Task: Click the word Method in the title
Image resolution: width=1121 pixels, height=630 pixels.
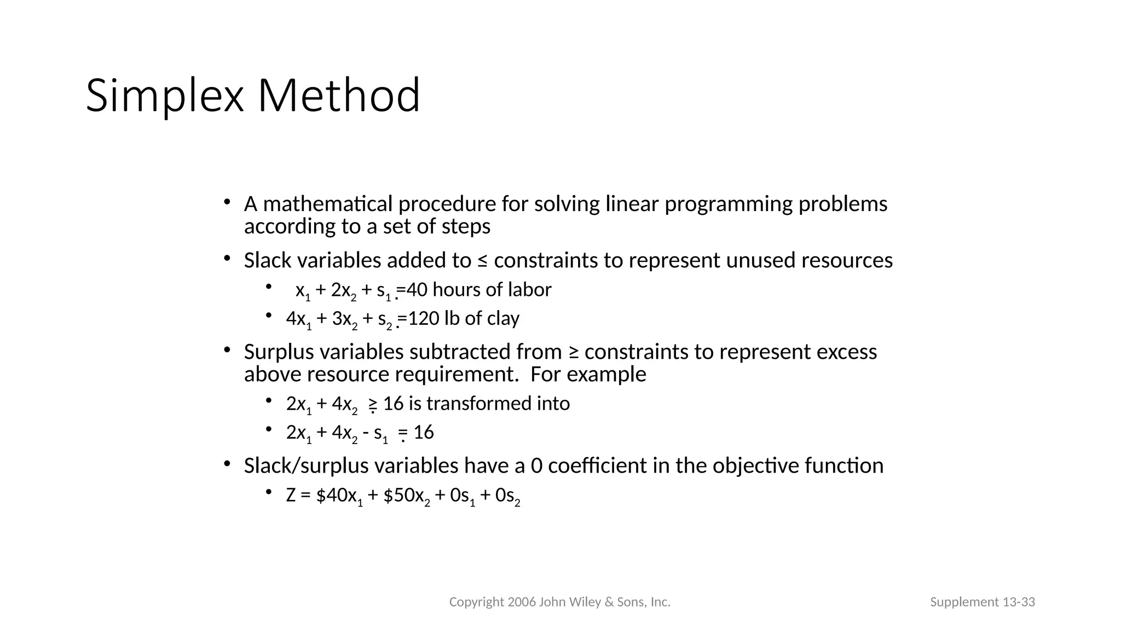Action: click(x=339, y=96)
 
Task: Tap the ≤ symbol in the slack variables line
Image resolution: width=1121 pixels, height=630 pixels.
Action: click(x=482, y=261)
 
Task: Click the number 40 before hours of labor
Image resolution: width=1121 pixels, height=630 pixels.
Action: click(x=417, y=289)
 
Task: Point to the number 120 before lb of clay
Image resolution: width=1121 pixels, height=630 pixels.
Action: click(x=424, y=318)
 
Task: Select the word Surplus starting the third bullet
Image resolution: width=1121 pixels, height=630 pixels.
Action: click(x=279, y=352)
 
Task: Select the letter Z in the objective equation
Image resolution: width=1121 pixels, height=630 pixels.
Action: click(x=291, y=495)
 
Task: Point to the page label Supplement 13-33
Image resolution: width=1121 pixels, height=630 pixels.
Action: click(x=982, y=602)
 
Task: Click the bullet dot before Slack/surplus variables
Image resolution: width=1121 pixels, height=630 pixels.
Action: click(x=227, y=464)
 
